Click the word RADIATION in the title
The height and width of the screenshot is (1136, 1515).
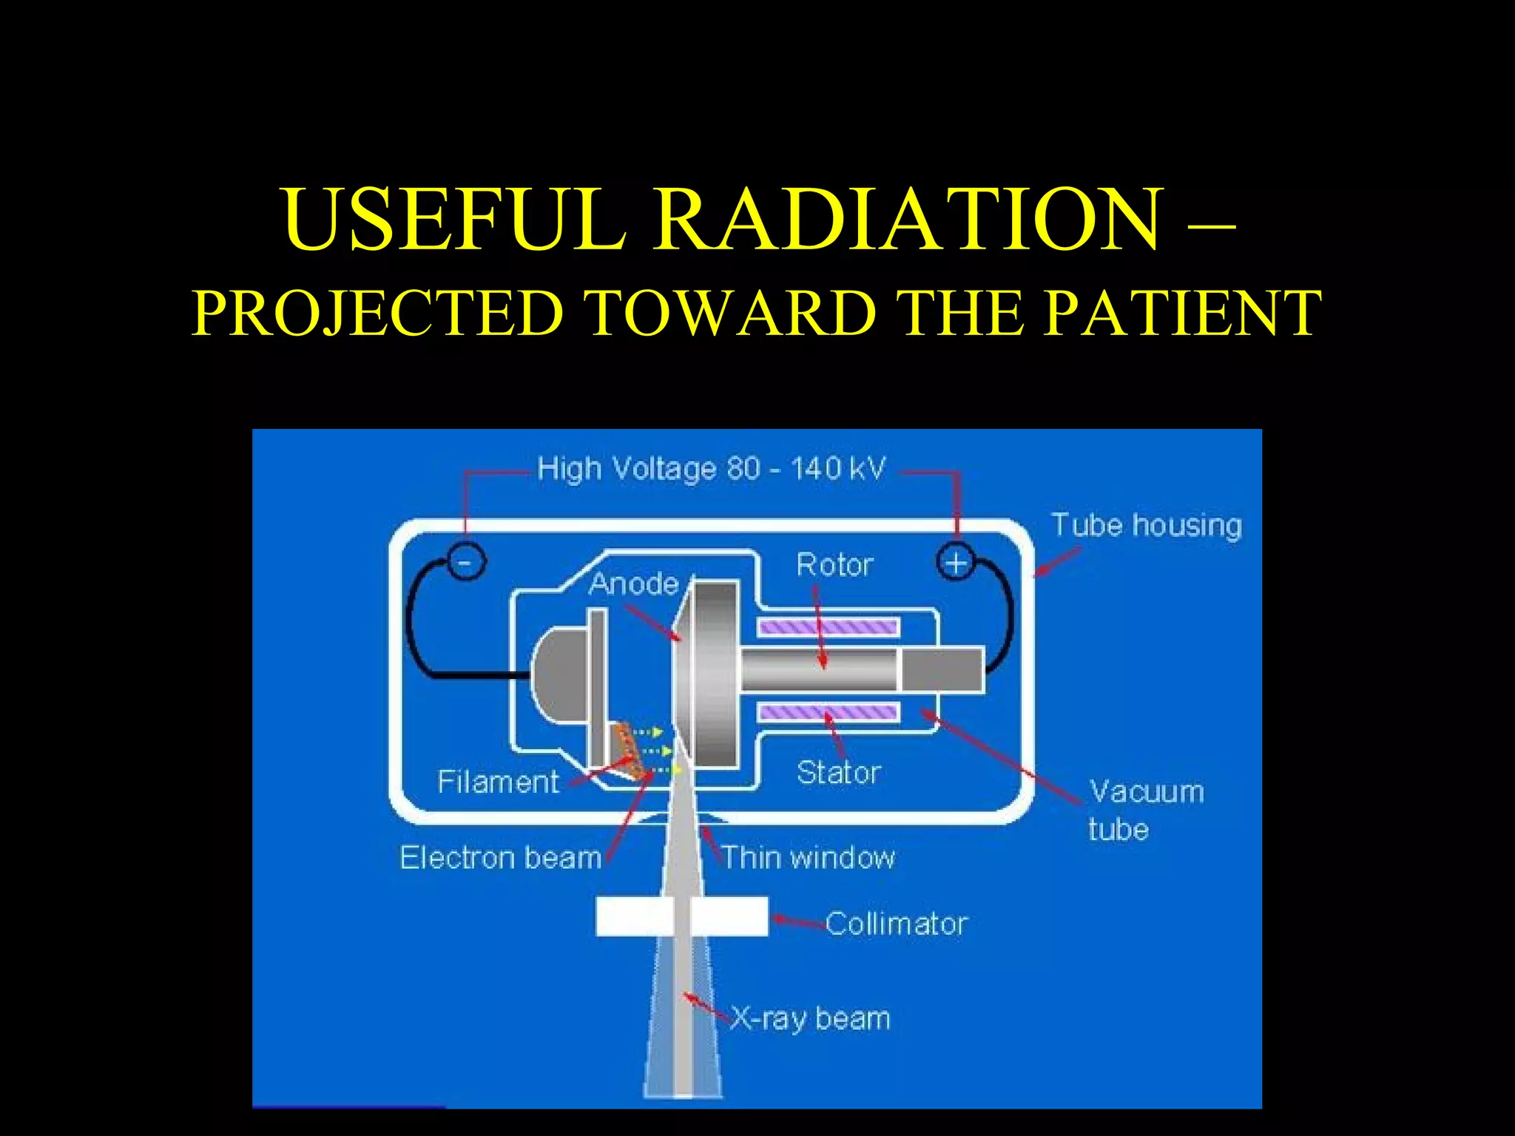click(908, 220)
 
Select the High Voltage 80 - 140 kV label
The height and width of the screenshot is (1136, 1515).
click(711, 469)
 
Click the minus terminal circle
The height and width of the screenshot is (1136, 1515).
click(465, 562)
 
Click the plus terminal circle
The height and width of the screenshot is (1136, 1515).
click(956, 563)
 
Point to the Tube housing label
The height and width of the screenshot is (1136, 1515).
click(1146, 525)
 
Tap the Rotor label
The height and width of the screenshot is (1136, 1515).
click(834, 565)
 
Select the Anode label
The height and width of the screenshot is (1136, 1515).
click(634, 584)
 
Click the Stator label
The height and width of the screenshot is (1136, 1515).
click(838, 773)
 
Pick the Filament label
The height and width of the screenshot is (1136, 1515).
click(498, 782)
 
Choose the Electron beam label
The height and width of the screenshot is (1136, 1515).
click(501, 858)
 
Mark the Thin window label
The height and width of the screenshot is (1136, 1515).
click(808, 858)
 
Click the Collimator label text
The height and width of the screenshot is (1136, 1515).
click(897, 924)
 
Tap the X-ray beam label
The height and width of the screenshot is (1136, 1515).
click(810, 1019)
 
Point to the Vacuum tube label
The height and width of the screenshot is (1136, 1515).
click(1145, 810)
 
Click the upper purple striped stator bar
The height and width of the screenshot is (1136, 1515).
click(829, 628)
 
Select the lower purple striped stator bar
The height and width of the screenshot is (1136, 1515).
click(829, 713)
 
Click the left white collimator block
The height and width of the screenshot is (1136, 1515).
click(634, 916)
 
